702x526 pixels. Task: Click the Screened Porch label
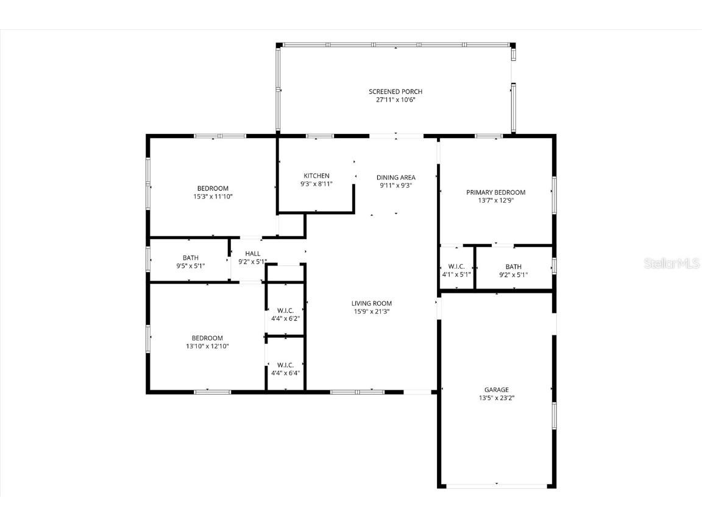coord(395,92)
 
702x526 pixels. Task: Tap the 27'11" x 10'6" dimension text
coord(395,100)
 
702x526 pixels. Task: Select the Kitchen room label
coord(316,176)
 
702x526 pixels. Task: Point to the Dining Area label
coord(395,178)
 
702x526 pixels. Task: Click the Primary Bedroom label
coord(495,192)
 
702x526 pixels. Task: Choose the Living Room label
coord(371,303)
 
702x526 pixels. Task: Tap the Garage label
coord(496,390)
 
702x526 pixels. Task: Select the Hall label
coord(252,254)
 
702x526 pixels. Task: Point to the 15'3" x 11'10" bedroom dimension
coord(212,197)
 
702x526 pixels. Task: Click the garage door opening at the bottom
coord(496,486)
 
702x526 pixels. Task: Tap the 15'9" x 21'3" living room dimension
coord(371,311)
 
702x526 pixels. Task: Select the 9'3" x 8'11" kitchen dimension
coord(316,184)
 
